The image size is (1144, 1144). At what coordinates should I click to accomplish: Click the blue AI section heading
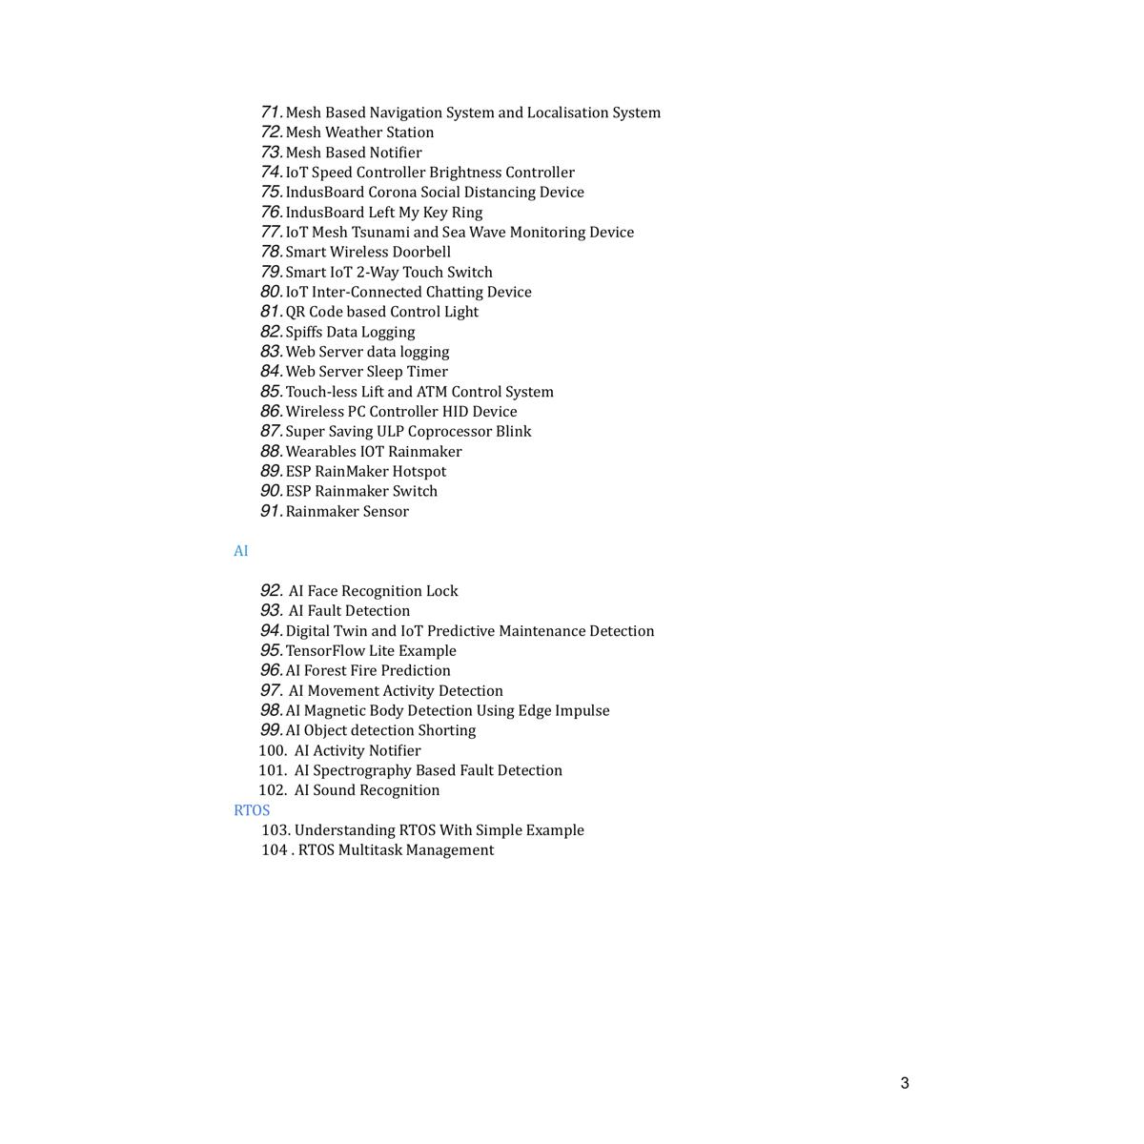(241, 551)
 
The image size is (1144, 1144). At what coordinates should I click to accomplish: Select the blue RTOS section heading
(252, 810)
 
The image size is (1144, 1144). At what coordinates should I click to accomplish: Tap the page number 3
(905, 1083)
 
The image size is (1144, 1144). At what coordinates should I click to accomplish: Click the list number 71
(271, 112)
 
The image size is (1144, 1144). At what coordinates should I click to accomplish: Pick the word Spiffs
(304, 332)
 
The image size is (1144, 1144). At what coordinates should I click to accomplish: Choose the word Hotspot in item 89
(419, 471)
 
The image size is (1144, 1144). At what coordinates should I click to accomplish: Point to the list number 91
(271, 511)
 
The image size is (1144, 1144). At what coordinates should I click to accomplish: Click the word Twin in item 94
(350, 631)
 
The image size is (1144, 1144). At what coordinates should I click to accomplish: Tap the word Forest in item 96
(325, 670)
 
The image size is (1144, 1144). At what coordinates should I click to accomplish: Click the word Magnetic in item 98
(336, 710)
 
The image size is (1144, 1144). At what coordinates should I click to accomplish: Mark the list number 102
(272, 790)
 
